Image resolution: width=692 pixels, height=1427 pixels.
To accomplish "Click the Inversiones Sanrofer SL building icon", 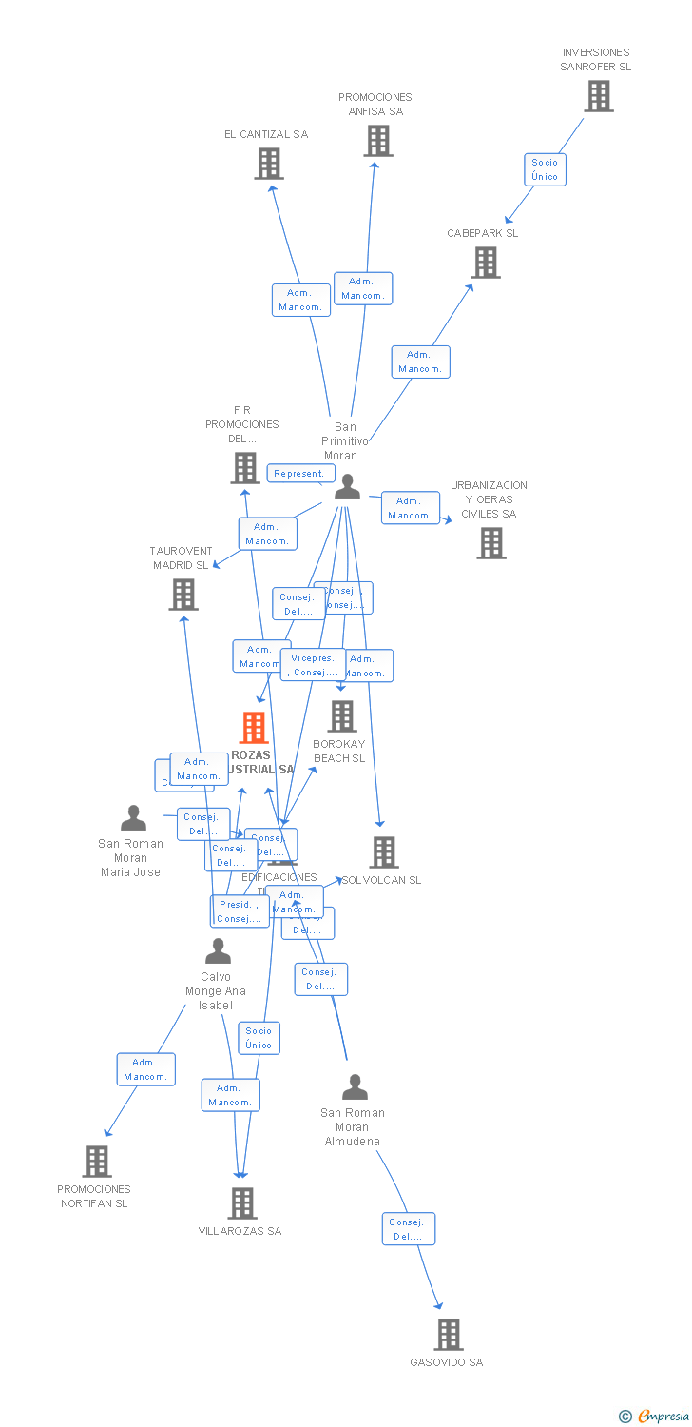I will [598, 96].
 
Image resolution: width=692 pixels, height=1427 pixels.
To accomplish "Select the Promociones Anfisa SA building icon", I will [377, 141].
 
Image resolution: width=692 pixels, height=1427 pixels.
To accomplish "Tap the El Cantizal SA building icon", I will [269, 164].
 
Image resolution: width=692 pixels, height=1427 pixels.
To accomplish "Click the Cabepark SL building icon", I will [485, 263].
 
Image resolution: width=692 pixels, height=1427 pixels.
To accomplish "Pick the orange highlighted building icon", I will [253, 728].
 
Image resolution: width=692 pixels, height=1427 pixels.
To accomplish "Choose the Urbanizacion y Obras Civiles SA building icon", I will [490, 543].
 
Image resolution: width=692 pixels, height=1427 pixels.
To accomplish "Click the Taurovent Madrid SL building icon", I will [183, 595].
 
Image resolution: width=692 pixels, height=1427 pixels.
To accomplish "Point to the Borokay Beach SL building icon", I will [341, 716].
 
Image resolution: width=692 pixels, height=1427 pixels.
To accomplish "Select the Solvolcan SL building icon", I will [383, 852].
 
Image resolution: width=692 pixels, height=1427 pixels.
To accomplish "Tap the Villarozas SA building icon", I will [241, 1203].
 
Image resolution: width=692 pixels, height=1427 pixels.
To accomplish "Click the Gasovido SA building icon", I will [448, 1335].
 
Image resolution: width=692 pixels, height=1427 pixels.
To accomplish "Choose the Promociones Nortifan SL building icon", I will [96, 1162].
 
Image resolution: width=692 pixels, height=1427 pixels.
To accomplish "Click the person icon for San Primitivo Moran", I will [348, 487].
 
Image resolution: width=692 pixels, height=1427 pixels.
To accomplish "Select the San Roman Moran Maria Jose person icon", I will [133, 818].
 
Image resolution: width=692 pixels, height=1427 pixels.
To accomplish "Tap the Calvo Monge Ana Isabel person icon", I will [218, 951].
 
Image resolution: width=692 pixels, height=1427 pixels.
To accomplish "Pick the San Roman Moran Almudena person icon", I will [355, 1087].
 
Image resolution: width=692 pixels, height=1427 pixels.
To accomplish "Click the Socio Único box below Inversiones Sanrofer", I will [545, 169].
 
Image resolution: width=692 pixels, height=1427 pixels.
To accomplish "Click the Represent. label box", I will [299, 473].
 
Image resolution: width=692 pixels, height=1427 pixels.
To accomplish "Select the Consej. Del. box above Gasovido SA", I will [409, 1228].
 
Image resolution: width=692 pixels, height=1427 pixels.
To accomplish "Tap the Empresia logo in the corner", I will [655, 1416].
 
